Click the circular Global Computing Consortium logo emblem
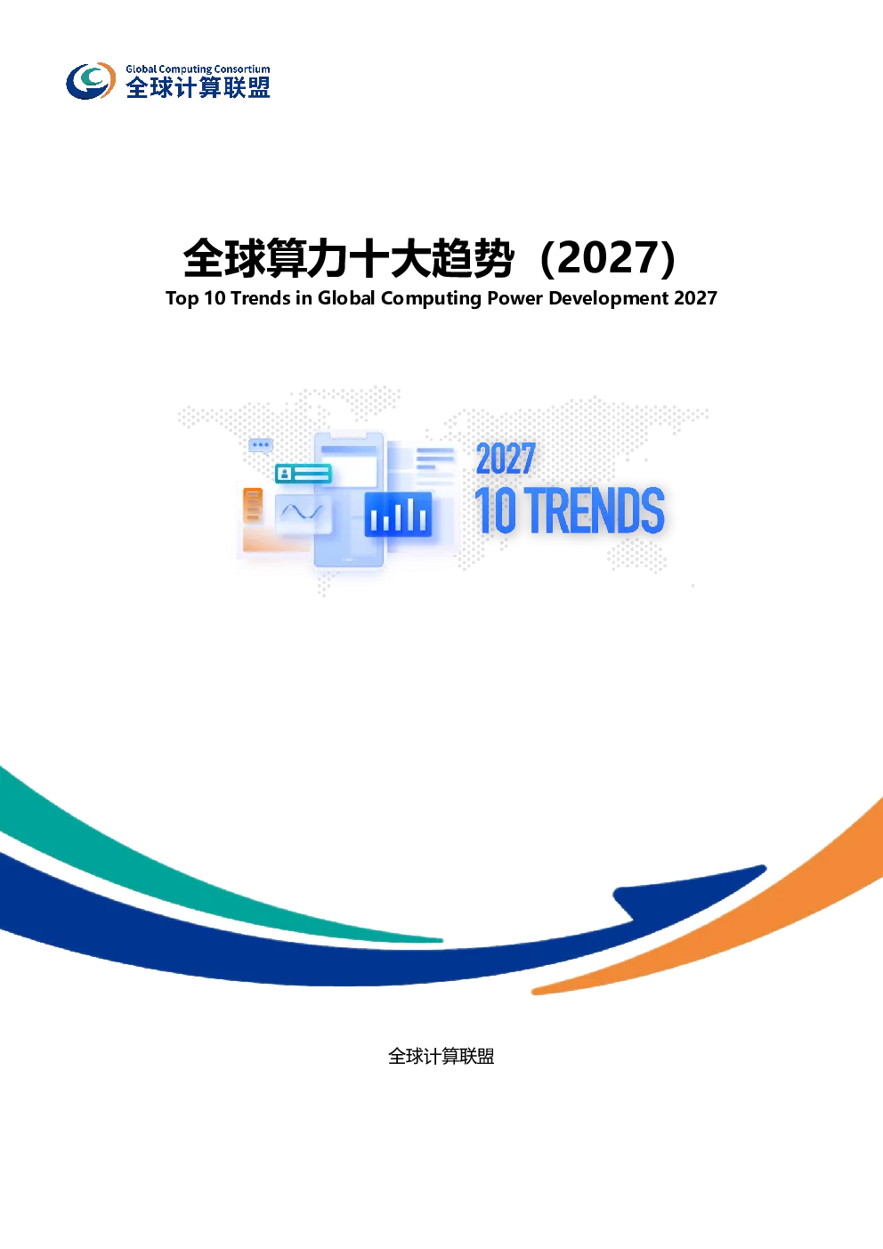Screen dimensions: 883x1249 pyautogui.click(x=91, y=81)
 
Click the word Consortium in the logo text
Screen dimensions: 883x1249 pyautogui.click(x=246, y=69)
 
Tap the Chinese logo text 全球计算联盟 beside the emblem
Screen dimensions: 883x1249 pyautogui.click(x=198, y=87)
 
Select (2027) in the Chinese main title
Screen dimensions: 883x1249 pyautogui.click(x=608, y=258)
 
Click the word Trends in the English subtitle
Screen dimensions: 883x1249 pyautogui.click(x=260, y=298)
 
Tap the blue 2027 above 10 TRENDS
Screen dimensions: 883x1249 pyautogui.click(x=506, y=458)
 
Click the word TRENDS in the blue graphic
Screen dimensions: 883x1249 pyautogui.click(x=595, y=510)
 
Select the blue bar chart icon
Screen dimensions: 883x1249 pyautogui.click(x=398, y=514)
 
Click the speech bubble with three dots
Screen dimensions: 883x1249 pyautogui.click(x=260, y=445)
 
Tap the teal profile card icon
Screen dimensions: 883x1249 pyautogui.click(x=304, y=474)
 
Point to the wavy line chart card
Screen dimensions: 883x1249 pyautogui.click(x=303, y=514)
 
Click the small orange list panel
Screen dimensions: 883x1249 pyautogui.click(x=253, y=506)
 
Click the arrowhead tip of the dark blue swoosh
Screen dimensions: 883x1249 pyautogui.click(x=764, y=868)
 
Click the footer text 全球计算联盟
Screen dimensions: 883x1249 pyautogui.click(x=441, y=1056)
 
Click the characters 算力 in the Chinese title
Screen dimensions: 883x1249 pyautogui.click(x=308, y=258)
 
